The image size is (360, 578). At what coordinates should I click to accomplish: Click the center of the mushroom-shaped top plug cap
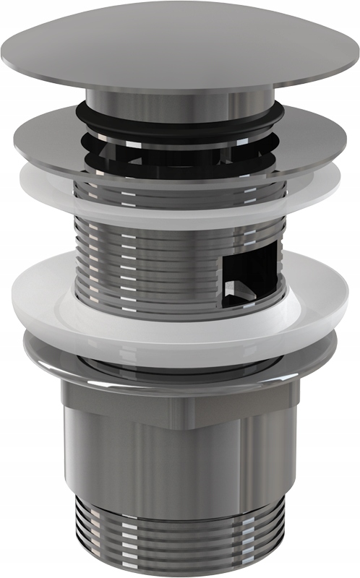tap(181, 45)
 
